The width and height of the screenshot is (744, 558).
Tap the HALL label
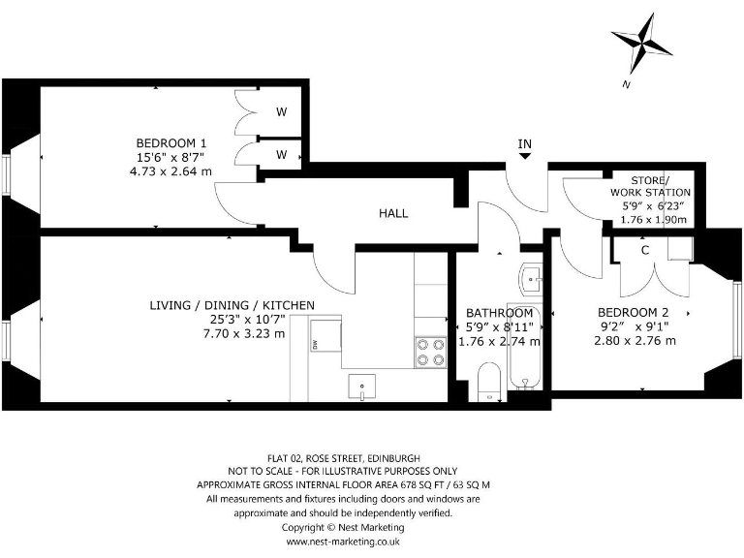[x=393, y=213]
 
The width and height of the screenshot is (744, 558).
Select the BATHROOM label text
[x=499, y=313]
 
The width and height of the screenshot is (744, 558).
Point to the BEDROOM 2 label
[x=633, y=312]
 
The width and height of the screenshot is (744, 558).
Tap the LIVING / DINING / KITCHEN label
[x=232, y=305]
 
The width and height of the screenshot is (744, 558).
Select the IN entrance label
[x=525, y=144]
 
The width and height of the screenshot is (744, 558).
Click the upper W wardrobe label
[x=281, y=112]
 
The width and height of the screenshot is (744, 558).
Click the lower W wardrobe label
[x=281, y=154]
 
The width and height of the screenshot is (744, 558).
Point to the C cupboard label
[x=644, y=250]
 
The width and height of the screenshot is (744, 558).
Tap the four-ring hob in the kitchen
[x=429, y=352]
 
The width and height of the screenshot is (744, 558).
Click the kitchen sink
[x=360, y=387]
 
